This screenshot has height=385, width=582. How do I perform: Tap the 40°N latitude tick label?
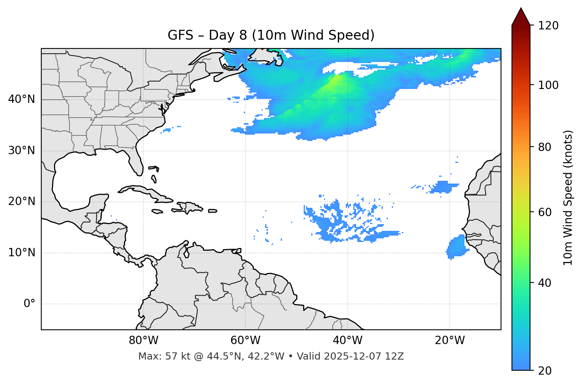pos(22,99)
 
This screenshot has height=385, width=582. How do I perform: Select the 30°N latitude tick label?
pos(22,151)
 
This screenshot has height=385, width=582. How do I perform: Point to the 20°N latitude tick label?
pos(22,201)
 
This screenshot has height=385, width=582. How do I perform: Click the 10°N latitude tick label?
pos(22,253)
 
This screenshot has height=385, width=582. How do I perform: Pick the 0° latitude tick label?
pos(29,304)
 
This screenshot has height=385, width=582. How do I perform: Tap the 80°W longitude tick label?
pos(143,341)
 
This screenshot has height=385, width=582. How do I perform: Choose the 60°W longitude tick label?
pos(245,341)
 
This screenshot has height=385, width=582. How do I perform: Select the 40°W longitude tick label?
pos(347,341)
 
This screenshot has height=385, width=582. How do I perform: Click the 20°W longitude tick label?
pos(449,341)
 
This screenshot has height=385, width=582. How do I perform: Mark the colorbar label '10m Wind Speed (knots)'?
pos(568,197)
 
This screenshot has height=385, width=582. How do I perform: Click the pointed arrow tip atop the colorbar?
pos(521,10)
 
